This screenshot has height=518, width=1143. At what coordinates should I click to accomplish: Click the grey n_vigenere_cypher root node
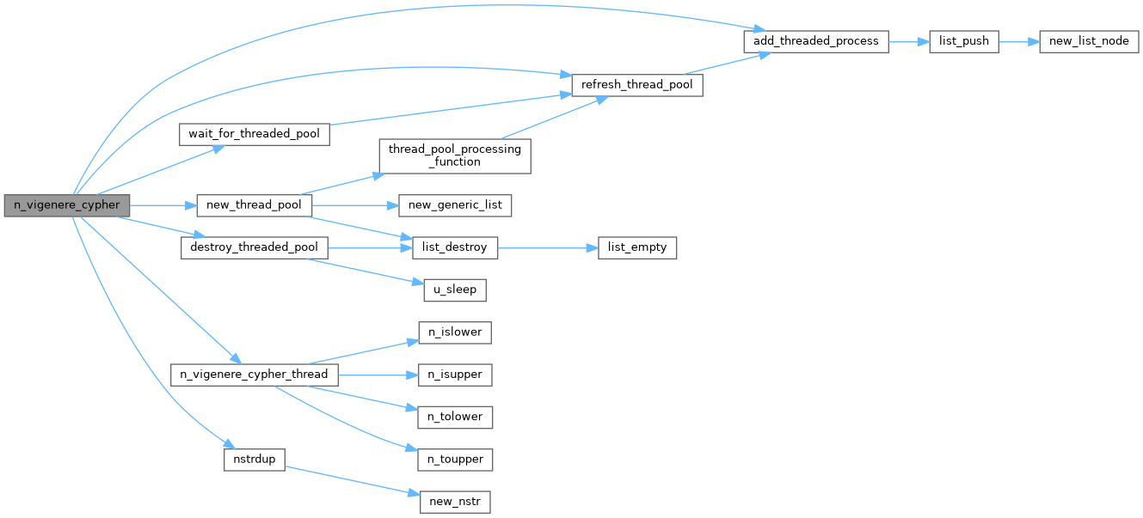coord(67,205)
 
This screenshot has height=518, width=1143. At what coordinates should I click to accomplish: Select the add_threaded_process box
coord(815,41)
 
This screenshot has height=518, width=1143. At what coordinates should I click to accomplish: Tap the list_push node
coord(963,41)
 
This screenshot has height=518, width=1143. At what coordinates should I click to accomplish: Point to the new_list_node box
coord(1089,41)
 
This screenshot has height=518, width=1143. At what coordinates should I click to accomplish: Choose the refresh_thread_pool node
coord(637,85)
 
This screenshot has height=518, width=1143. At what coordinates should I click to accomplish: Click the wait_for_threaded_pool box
coord(255,134)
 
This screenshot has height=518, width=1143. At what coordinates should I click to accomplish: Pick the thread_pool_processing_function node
coord(454,155)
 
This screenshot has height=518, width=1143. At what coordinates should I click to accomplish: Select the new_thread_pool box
coord(254,205)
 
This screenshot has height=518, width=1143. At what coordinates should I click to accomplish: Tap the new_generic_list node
coord(455,205)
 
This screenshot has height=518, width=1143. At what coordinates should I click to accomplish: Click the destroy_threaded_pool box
coord(255,247)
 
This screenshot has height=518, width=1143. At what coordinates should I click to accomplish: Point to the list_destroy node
coord(455,247)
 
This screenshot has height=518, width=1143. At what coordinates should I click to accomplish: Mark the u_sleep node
coord(455,289)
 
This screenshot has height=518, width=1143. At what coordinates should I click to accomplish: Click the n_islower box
coord(455,332)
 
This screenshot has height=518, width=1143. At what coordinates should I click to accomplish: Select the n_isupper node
coord(455,375)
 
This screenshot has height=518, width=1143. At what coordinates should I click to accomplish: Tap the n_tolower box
coord(455,417)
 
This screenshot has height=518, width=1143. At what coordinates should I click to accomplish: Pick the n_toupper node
coord(455,460)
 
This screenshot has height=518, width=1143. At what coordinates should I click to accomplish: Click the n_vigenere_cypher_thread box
coord(254,375)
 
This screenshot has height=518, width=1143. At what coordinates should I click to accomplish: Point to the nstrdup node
coord(255,460)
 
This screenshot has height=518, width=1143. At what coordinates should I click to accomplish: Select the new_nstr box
coord(455,502)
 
